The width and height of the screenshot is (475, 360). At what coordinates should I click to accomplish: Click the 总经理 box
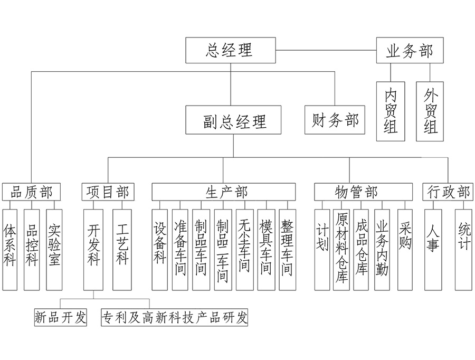pos(230,50)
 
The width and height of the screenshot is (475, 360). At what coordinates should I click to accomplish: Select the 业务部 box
pos(410,51)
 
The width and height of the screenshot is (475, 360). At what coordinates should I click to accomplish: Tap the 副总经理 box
pos(233,120)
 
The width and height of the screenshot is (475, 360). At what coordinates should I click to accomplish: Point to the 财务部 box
pos(335,120)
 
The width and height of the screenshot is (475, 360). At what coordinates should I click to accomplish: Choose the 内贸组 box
pos(391,111)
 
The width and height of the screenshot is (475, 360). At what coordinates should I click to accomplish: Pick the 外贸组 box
pos(430,111)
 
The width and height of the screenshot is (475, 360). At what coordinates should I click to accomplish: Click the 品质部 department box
pos(32,192)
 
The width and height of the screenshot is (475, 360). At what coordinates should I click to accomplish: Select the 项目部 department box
pos(108,192)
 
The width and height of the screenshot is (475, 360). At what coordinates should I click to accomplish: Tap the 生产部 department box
pos(224,192)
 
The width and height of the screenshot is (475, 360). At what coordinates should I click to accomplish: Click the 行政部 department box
pos(448,192)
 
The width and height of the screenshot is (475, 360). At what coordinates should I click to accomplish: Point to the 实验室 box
pos(54,250)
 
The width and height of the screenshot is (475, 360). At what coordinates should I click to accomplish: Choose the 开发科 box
pos(94,250)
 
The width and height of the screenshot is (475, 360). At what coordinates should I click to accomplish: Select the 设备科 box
pos(160,250)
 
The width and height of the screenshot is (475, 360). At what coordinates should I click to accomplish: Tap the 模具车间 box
pos(266,250)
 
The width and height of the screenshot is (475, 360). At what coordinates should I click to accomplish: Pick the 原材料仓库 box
pos(341,250)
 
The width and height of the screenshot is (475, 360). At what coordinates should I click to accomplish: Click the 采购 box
pos(405,250)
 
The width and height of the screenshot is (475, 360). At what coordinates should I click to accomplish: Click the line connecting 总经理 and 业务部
pos(325,51)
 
